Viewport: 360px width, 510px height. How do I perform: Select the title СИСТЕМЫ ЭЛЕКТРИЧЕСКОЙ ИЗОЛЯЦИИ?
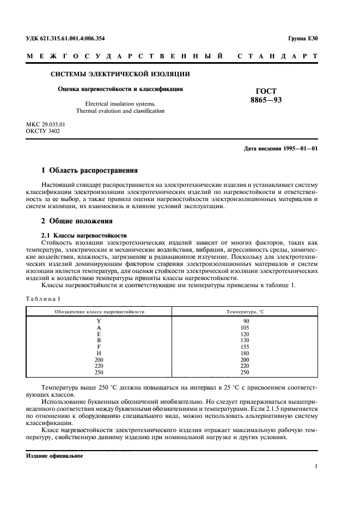pyautogui.click(x=120, y=74)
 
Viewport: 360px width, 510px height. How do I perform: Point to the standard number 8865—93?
pyautogui.click(x=266, y=100)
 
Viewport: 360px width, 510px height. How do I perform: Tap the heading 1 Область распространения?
pyautogui.click(x=90, y=170)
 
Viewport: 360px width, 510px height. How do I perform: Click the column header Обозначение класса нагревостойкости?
pyautogui.click(x=99, y=311)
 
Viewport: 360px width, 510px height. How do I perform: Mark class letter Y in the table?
pyautogui.click(x=99, y=321)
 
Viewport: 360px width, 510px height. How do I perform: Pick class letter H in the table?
pyautogui.click(x=99, y=354)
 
